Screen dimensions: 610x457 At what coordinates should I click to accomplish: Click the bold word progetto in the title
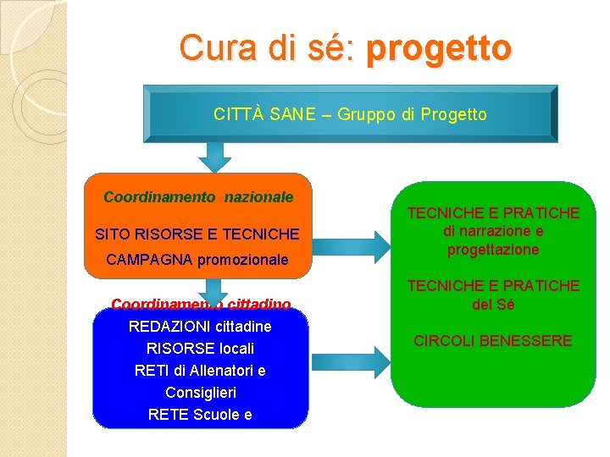click(x=438, y=49)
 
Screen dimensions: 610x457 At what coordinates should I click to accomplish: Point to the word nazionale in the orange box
click(x=258, y=197)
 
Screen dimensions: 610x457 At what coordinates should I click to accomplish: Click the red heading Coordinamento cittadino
click(x=201, y=304)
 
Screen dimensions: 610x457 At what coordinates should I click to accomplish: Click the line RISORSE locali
click(x=200, y=349)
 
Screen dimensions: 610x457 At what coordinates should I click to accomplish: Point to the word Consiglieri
click(x=201, y=393)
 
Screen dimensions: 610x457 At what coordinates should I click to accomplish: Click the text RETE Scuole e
click(x=200, y=415)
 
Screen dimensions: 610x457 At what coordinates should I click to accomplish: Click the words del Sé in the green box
click(x=493, y=304)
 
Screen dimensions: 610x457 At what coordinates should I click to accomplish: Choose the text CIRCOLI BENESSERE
click(x=493, y=341)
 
